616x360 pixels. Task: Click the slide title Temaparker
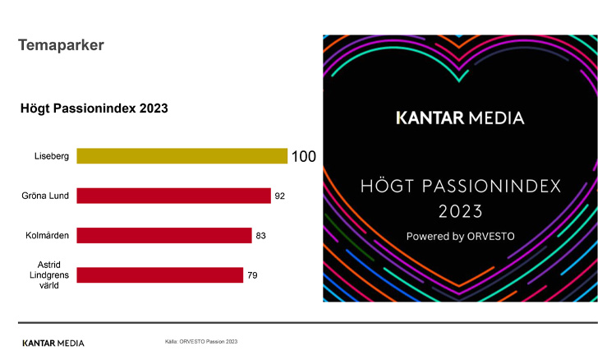pyautogui.click(x=61, y=45)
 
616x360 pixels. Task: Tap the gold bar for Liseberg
pyautogui.click(x=182, y=156)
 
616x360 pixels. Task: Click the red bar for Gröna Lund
pyautogui.click(x=173, y=196)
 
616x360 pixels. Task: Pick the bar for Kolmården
pyautogui.click(x=163, y=235)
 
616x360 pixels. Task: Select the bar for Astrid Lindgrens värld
pyautogui.click(x=159, y=275)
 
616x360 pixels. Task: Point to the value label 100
pyautogui.click(x=304, y=156)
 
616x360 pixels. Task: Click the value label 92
pyautogui.click(x=280, y=196)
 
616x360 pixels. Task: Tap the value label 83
pyautogui.click(x=261, y=235)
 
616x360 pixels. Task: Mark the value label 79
pyautogui.click(x=253, y=275)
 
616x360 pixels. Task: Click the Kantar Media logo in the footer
pyautogui.click(x=53, y=342)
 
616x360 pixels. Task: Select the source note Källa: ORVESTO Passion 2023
pyautogui.click(x=201, y=340)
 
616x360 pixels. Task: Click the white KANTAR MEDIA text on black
pyautogui.click(x=460, y=118)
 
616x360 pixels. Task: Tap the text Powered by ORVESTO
pyautogui.click(x=460, y=236)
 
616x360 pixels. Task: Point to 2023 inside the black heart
pyautogui.click(x=460, y=211)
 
